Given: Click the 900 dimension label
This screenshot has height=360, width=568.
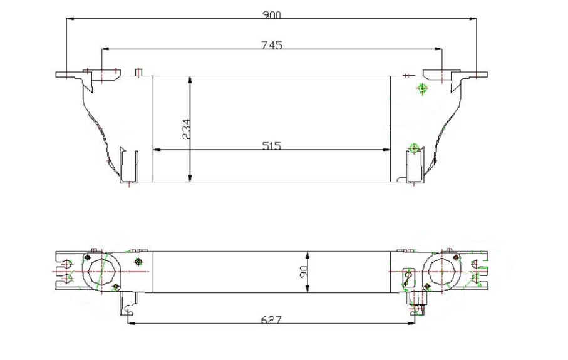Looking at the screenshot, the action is [271, 15].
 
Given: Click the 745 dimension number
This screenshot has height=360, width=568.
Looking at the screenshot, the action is [271, 45].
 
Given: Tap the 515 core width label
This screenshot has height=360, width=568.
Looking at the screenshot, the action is [271, 146].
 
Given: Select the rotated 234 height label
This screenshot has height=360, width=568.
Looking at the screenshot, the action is [187, 129].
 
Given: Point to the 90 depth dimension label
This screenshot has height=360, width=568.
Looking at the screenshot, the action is [304, 271].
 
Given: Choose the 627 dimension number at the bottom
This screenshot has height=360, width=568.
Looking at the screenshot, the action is [271, 320].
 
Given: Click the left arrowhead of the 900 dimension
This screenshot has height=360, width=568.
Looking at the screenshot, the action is [71, 19].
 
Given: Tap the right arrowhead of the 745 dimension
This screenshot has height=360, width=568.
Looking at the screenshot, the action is [438, 49].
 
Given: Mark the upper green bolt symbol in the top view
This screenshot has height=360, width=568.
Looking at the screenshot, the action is [422, 88].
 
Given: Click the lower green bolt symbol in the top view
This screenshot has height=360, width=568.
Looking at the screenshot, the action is [414, 148].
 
